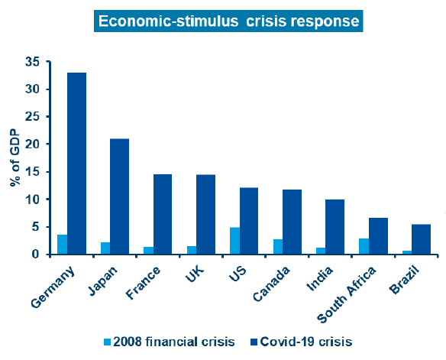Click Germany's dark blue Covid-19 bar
pos(77,164)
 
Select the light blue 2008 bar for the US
pos(235,241)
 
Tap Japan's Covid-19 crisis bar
pos(119,196)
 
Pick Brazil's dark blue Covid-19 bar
pos(422,239)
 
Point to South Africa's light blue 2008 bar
pos(364,246)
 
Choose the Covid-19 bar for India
pos(334,227)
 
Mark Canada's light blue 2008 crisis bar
pos(278,247)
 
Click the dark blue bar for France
pos(163,214)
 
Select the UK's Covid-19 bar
pos(206,214)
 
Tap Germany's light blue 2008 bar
pos(63,245)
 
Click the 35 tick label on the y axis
pos(33,62)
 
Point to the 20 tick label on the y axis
pos(33,144)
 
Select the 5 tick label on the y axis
pos(36,227)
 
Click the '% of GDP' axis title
pos(15,158)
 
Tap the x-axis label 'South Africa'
pos(347,295)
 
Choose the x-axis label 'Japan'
pos(102,281)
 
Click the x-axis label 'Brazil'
pos(405,280)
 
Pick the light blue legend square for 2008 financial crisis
pos(107,342)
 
